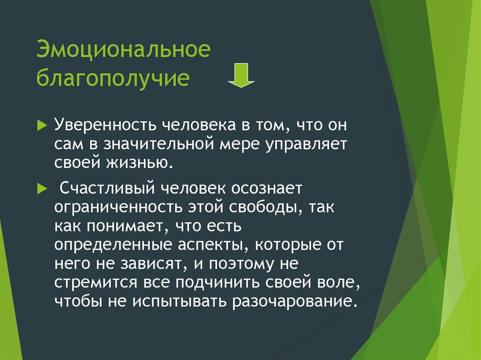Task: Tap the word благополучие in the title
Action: tap(113, 78)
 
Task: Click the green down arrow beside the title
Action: tap(241, 75)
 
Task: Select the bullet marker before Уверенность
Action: tap(42, 125)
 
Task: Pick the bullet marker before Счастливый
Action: tap(42, 189)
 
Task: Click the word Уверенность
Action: tap(105, 125)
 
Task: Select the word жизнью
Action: tap(140, 163)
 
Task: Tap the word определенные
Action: tap(113, 245)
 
